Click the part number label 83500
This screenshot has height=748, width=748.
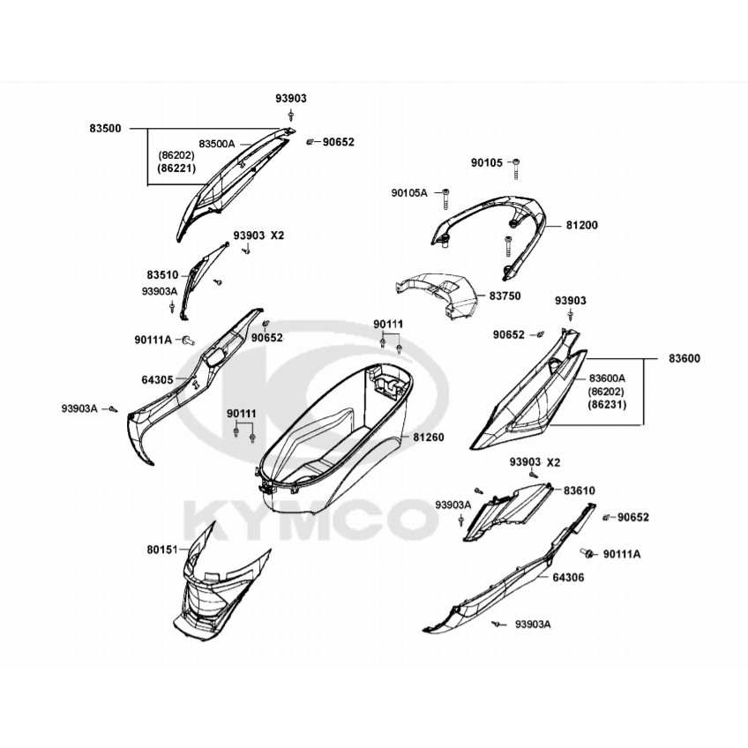(x=106, y=128)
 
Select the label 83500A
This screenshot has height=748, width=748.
(x=217, y=144)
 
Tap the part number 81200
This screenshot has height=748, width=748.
(x=582, y=225)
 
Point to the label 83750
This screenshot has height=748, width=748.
(x=505, y=295)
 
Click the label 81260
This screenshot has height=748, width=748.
(x=429, y=437)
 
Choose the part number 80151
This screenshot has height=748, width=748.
(x=162, y=550)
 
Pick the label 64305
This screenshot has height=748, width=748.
(x=157, y=379)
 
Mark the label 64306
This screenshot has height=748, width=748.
(x=568, y=577)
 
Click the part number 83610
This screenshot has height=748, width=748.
(x=580, y=490)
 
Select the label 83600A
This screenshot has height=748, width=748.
(x=607, y=378)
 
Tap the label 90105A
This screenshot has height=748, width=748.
(x=409, y=192)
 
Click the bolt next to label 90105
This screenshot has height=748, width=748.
(x=517, y=168)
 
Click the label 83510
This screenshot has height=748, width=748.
(x=162, y=275)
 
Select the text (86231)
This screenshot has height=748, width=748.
(x=607, y=405)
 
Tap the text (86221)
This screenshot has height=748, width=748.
(x=176, y=168)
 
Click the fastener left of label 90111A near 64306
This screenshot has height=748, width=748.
(x=587, y=553)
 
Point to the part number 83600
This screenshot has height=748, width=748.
(x=684, y=358)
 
